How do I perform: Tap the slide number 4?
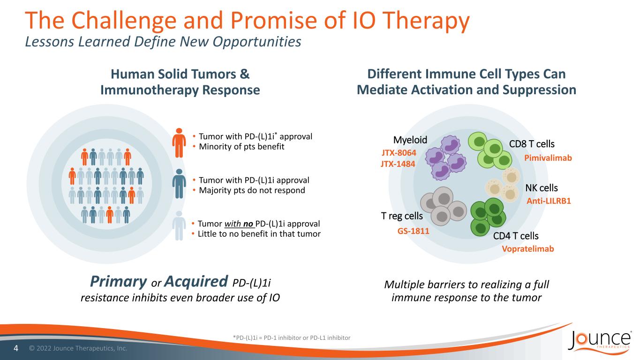point(16,348)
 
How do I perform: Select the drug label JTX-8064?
point(399,153)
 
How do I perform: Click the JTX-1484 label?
point(398,164)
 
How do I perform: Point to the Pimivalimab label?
point(548,157)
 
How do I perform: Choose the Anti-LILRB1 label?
point(549,201)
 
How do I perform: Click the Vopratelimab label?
point(528,249)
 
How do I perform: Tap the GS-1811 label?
point(414,231)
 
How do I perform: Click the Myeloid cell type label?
point(410,140)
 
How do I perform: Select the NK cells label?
point(542,188)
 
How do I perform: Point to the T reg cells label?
point(402,216)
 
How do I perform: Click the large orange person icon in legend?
point(179,143)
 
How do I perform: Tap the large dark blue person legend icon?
point(179,184)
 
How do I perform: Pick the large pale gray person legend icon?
point(179,226)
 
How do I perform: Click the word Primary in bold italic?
point(119,282)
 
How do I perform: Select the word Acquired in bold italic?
point(196,281)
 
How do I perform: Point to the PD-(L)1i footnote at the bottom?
point(292,337)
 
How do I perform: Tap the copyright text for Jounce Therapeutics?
point(78,348)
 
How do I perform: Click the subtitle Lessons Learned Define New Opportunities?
point(163,42)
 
